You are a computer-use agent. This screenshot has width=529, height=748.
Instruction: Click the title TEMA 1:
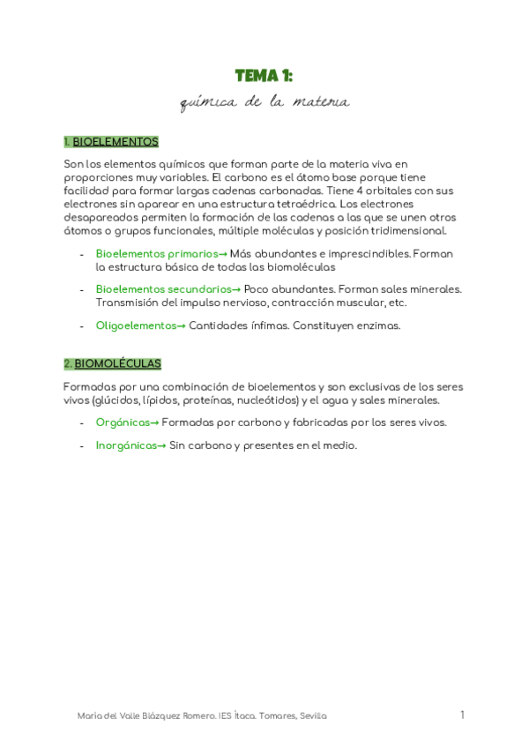(264, 76)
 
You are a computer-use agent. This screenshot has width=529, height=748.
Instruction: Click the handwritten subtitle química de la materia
(264, 103)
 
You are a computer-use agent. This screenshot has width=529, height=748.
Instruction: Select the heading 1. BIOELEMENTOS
(111, 141)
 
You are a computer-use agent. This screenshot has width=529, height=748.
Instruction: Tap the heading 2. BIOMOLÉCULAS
(112, 363)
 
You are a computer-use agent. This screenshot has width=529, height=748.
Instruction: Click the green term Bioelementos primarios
(156, 254)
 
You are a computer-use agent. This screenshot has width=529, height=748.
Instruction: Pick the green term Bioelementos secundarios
(163, 289)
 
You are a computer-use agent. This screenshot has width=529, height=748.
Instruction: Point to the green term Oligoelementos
(136, 325)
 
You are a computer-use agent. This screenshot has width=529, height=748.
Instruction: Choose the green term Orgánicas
(123, 422)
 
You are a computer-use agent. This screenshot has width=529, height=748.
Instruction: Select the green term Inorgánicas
(126, 445)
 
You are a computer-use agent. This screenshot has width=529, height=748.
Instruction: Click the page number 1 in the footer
(462, 715)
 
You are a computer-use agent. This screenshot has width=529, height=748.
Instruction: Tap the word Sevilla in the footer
(312, 716)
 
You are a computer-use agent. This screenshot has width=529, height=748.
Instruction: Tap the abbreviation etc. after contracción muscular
(398, 303)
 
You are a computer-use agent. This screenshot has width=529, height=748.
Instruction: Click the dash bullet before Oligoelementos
(82, 325)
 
